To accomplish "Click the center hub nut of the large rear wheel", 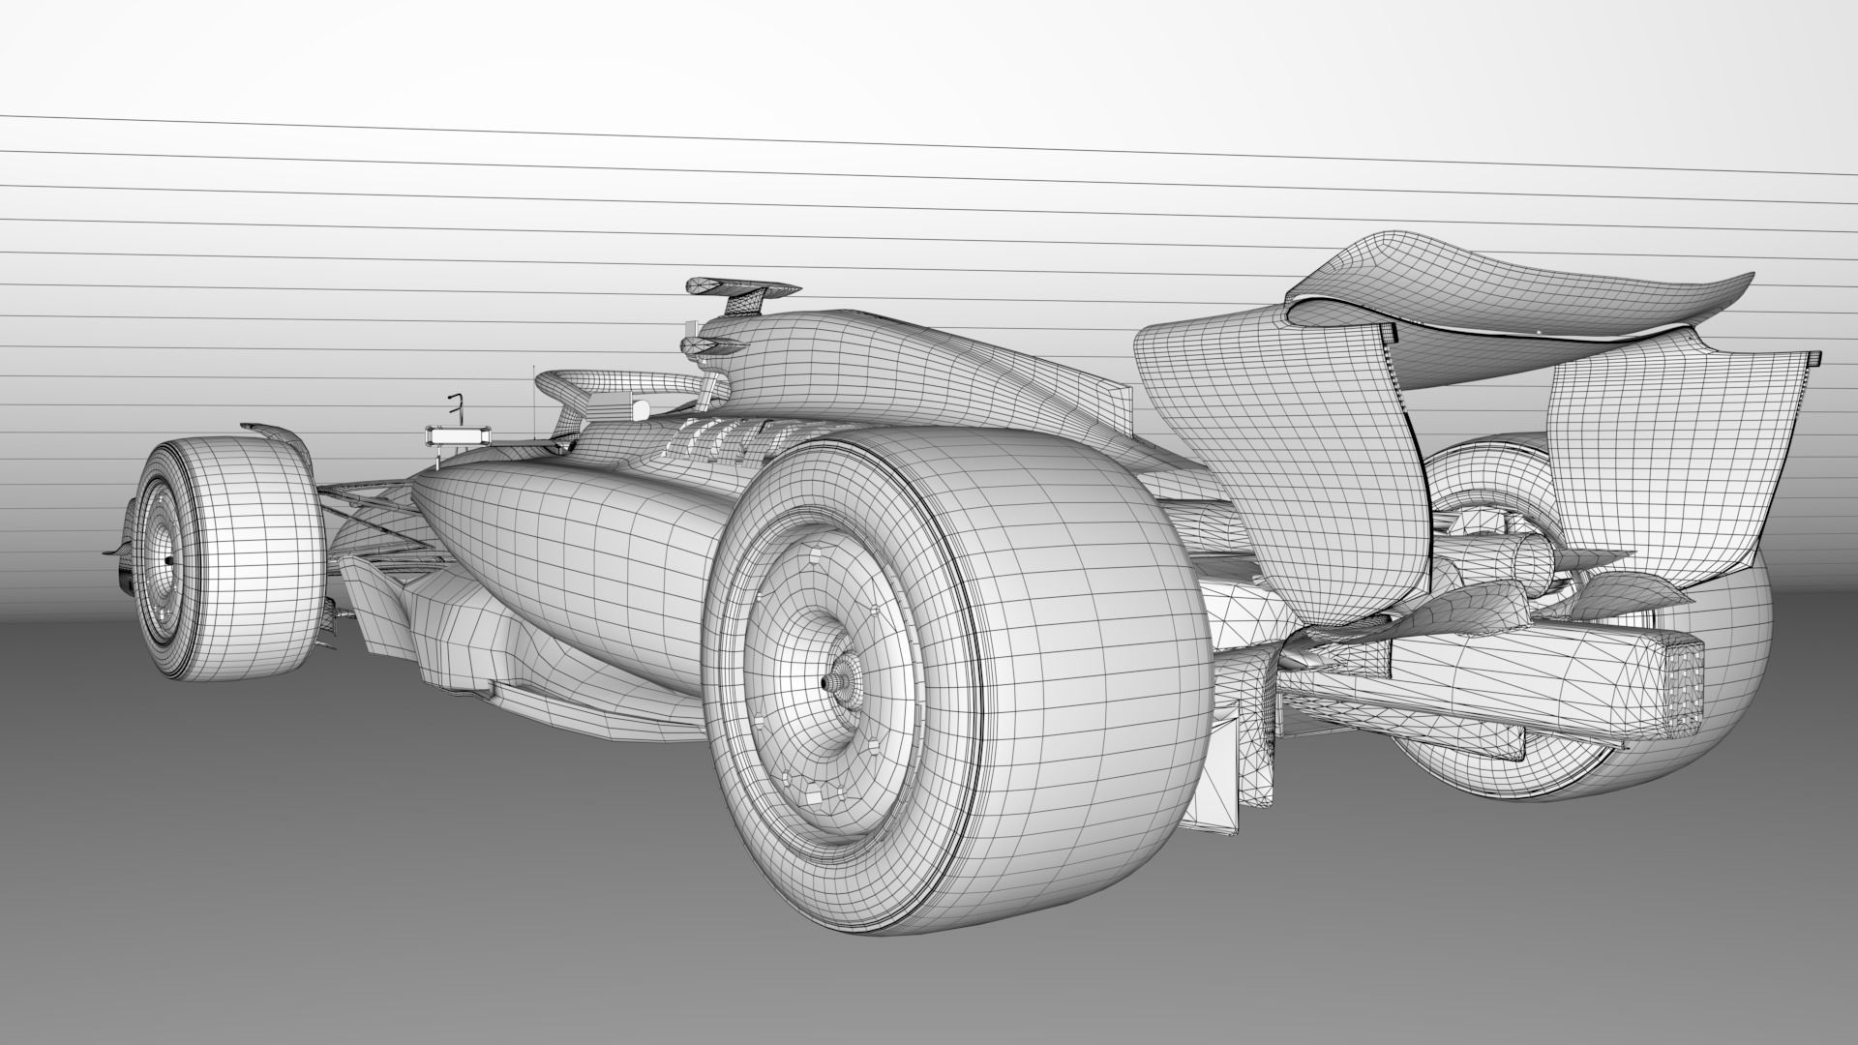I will (829, 682).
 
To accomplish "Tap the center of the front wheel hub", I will (168, 560).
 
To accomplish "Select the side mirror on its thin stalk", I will (461, 437).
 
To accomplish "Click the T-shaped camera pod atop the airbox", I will (741, 287).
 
